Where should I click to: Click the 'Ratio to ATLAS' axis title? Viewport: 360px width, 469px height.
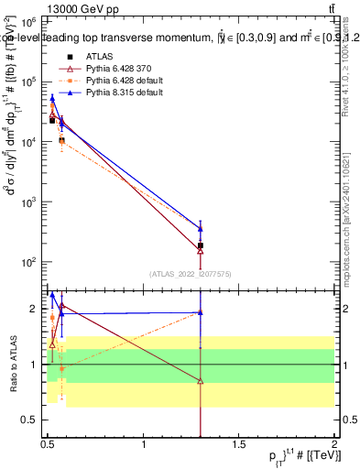[13, 364]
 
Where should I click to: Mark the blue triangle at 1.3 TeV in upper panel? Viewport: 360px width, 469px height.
[201, 228]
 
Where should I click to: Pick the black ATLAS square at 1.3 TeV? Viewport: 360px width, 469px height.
[201, 245]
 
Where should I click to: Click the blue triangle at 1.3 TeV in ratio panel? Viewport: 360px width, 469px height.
[201, 312]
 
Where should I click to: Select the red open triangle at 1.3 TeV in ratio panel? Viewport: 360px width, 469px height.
[201, 381]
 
